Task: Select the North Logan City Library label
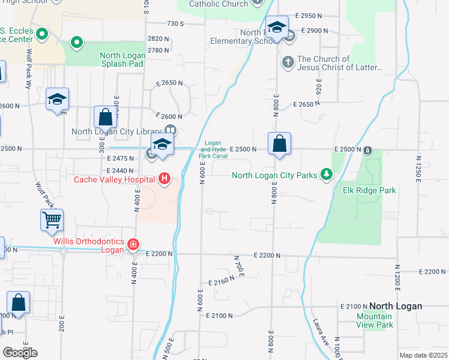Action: click(118, 132)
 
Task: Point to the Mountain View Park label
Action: click(375, 320)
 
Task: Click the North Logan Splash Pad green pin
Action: click(76, 42)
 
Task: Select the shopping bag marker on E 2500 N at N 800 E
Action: click(279, 144)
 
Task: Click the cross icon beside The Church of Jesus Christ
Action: click(288, 62)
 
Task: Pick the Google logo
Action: click(20, 352)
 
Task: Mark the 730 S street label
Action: click(175, 23)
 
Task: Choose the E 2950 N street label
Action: click(313, 16)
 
